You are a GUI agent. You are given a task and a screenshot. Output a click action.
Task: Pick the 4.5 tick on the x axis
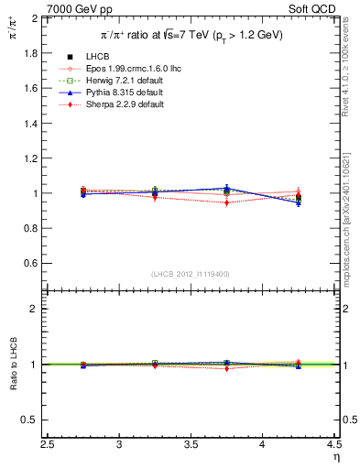[x=334, y=448]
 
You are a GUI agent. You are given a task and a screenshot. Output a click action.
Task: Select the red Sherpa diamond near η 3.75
[x=226, y=203]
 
